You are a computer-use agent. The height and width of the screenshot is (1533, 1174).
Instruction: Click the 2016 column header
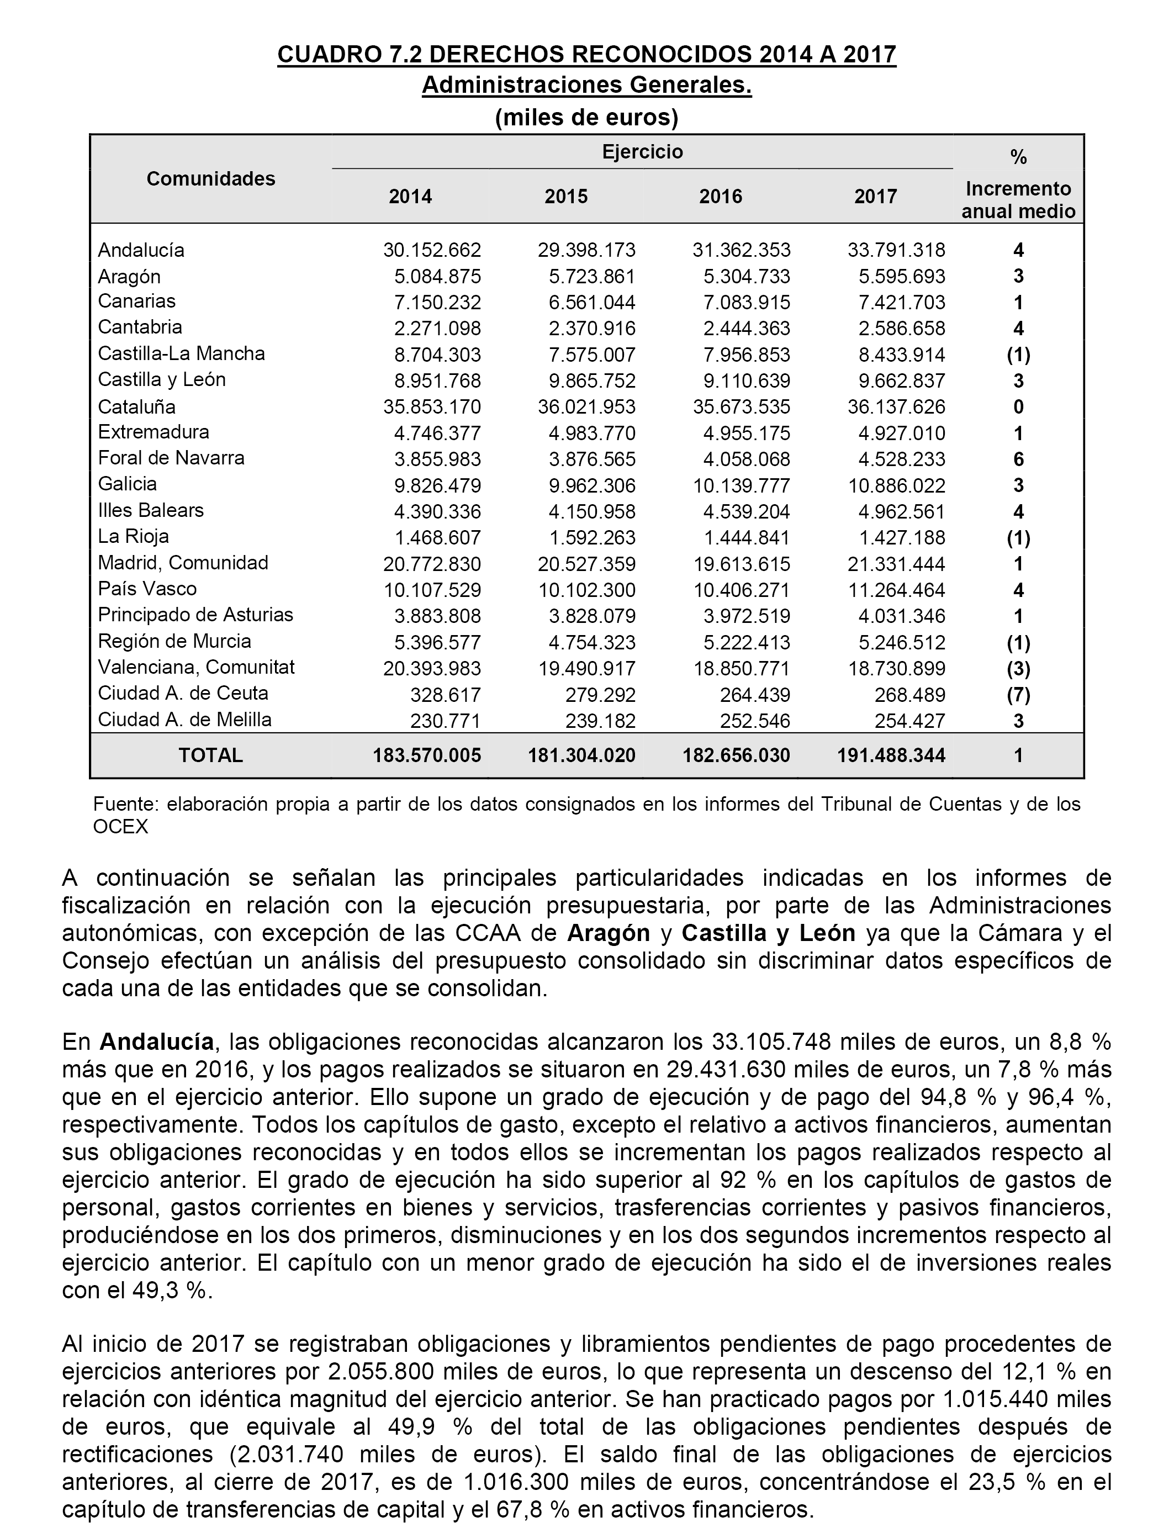point(721,197)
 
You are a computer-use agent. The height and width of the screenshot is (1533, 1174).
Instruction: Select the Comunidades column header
point(210,179)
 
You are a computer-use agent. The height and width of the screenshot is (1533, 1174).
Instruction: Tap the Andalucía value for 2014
point(432,250)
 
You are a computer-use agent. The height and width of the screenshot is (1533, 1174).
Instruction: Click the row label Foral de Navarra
point(171,458)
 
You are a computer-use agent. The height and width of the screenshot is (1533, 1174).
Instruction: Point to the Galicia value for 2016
point(742,485)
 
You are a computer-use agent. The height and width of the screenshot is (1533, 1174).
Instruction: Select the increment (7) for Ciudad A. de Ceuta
point(1018,695)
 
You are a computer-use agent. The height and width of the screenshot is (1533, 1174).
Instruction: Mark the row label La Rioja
point(134,537)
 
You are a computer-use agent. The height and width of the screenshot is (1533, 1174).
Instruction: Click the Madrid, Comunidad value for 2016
point(742,564)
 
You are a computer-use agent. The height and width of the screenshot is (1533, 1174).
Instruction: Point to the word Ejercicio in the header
point(642,152)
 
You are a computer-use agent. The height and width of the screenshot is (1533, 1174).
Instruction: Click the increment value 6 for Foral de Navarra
point(1018,459)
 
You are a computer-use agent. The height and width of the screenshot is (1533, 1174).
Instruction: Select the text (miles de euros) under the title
point(586,118)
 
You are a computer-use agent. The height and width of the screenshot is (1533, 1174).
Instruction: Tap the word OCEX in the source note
point(120,827)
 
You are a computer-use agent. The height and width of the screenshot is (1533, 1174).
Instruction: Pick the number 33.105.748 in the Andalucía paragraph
point(771,1042)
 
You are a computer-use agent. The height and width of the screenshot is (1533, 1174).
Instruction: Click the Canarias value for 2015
point(592,303)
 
